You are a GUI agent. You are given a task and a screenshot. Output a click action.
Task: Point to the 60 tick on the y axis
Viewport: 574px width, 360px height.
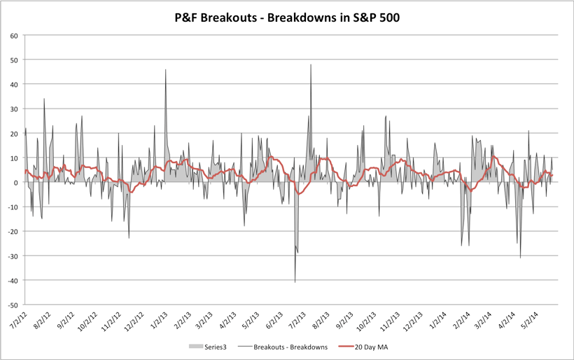point(13,35)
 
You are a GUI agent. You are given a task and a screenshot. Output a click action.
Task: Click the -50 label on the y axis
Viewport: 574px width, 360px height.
point(12,305)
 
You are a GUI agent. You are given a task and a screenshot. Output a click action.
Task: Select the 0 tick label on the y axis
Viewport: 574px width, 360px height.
point(15,183)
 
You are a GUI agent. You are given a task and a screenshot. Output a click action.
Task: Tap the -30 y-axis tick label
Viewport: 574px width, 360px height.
point(12,256)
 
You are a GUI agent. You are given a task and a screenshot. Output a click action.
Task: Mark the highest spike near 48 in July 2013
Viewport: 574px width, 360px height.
point(311,65)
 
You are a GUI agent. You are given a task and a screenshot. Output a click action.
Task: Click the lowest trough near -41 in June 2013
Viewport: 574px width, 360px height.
point(295,282)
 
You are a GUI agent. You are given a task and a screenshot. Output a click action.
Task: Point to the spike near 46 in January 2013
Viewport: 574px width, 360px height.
point(166,70)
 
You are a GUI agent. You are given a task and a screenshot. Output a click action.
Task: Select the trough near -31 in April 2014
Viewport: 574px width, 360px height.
point(520,258)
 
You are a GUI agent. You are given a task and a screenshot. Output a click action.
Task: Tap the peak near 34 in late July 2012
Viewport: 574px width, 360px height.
point(44,99)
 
